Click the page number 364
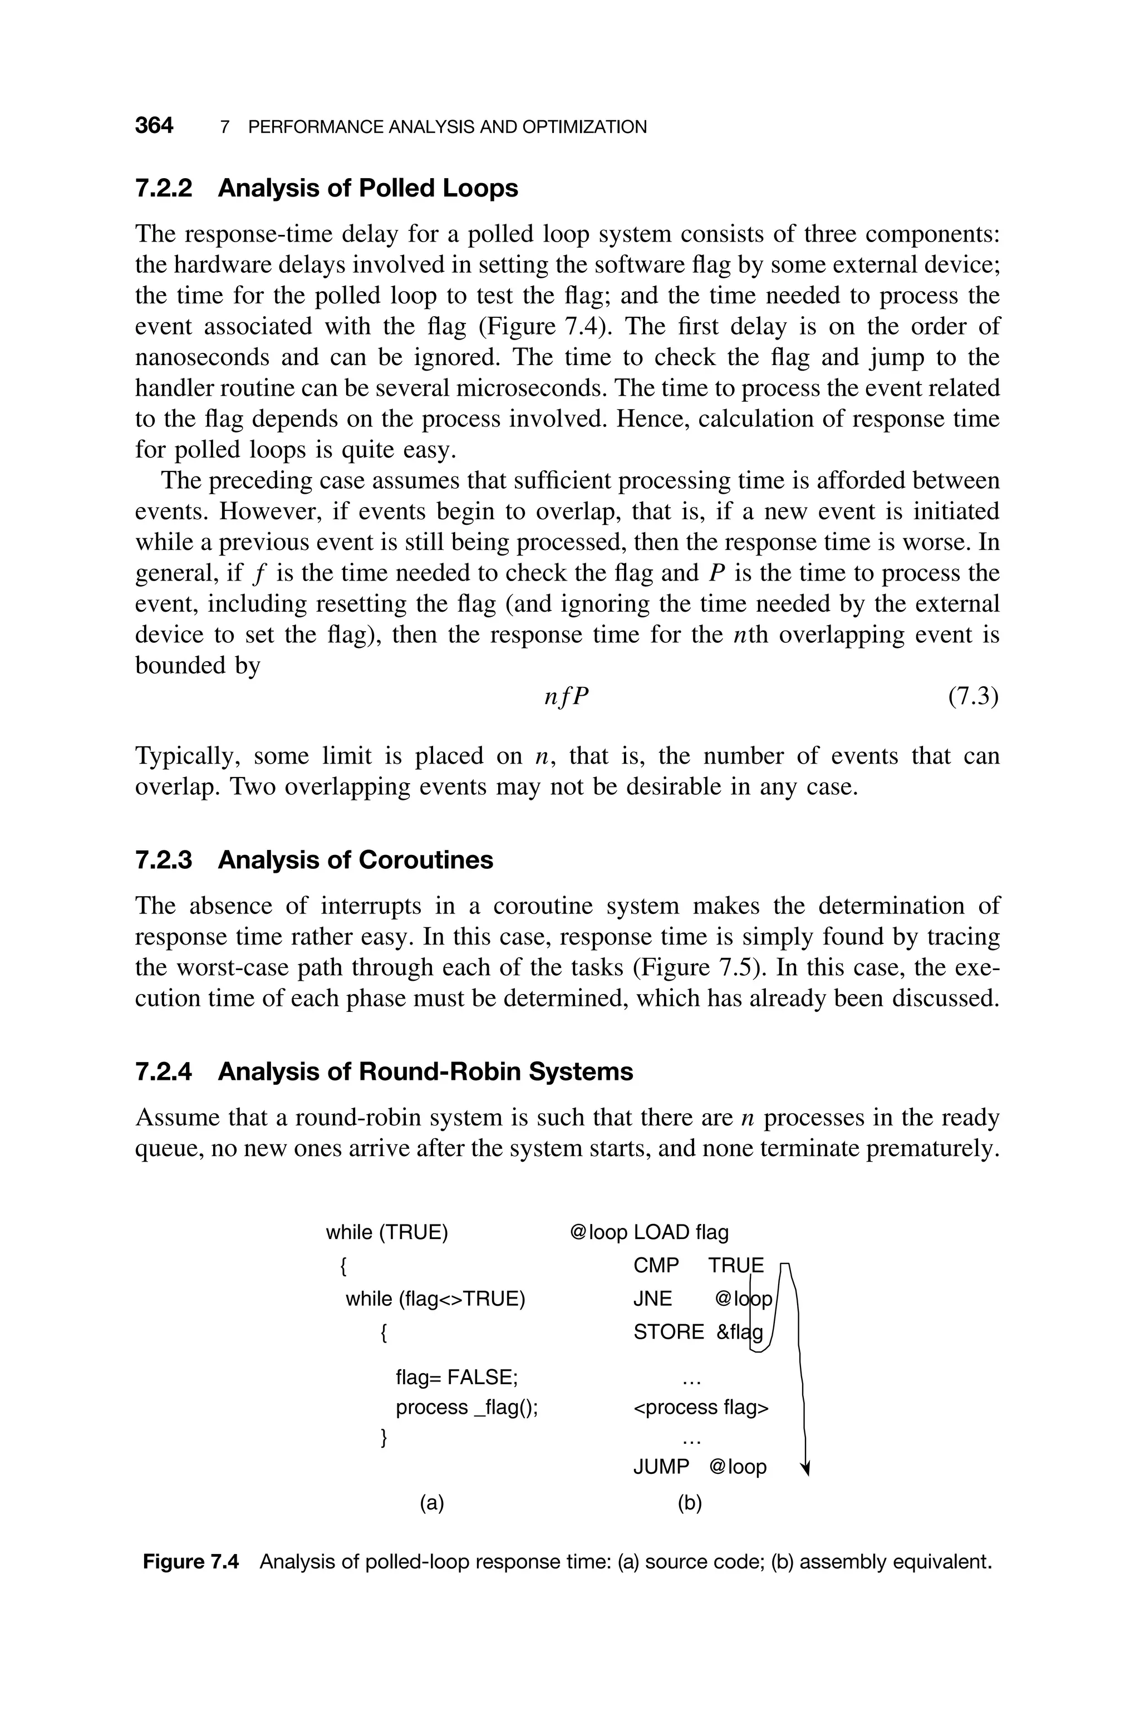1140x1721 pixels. click(154, 126)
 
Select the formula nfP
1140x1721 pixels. click(566, 698)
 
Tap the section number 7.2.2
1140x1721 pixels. click(164, 188)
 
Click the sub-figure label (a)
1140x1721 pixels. click(432, 1502)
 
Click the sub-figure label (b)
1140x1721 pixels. click(689, 1502)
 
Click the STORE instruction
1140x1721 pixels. click(668, 1332)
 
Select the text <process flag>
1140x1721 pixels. click(701, 1408)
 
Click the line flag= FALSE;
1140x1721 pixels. click(456, 1377)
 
